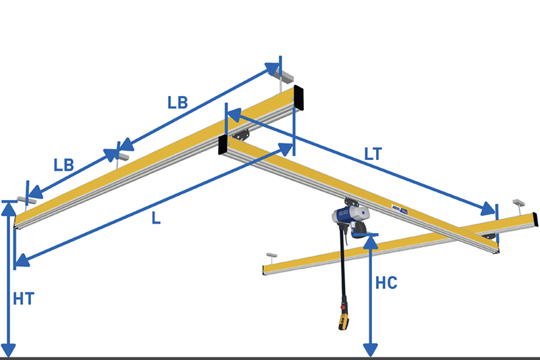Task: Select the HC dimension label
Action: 387,282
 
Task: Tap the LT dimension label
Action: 373,153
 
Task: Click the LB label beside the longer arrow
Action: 178,103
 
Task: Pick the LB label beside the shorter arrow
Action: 64,164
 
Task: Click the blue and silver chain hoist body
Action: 348,217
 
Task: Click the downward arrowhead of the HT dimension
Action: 9,349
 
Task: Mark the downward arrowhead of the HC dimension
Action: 370,349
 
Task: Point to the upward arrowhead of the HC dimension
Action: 370,241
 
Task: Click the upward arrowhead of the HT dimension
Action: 9,207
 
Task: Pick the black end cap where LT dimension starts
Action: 223,144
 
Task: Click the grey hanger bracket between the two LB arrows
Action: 122,156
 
